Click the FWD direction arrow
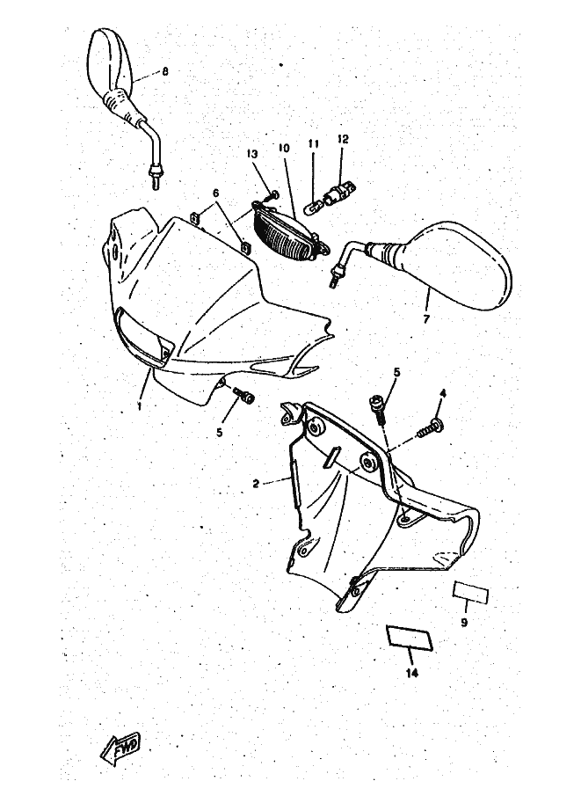120,745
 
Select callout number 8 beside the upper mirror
165,72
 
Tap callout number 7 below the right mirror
426,319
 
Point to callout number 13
252,154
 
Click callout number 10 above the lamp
284,148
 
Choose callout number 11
313,144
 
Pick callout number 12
343,139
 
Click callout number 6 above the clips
215,193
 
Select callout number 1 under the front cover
139,405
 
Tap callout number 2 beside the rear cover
256,484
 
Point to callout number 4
443,393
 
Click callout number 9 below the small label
464,623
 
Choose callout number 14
412,673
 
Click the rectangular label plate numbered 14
410,637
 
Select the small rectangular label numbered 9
470,593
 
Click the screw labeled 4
430,427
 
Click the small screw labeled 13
272,195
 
